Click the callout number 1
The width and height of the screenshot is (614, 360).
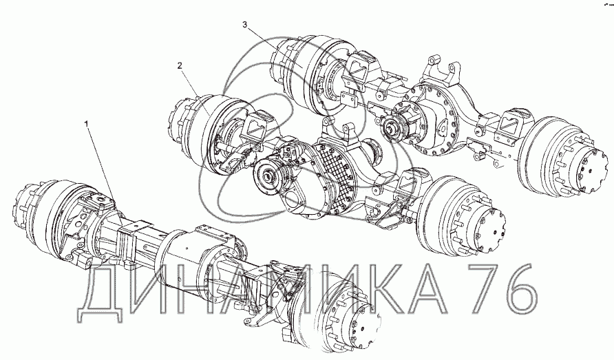click(87, 124)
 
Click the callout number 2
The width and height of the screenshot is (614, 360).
click(180, 66)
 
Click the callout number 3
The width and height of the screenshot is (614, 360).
click(245, 25)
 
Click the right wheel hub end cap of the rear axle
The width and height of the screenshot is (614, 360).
click(593, 169)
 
